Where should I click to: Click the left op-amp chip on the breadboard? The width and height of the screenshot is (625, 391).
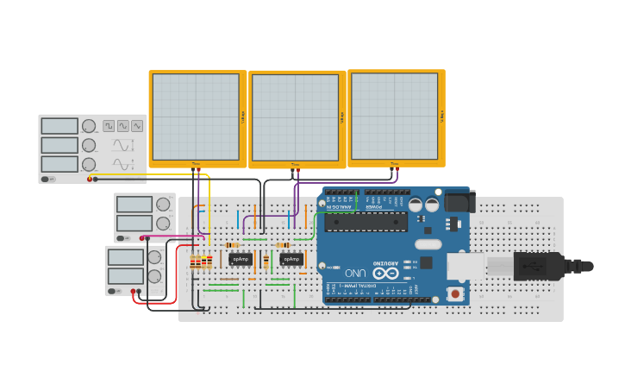(x=241, y=259)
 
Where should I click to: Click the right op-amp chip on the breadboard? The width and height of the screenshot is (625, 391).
(x=291, y=259)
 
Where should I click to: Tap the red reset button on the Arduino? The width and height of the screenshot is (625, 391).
(x=454, y=294)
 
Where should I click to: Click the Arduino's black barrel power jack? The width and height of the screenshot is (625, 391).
(x=459, y=202)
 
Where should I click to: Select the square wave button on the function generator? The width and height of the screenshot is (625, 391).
(x=109, y=126)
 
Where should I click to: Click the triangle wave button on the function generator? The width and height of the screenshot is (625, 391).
(x=123, y=126)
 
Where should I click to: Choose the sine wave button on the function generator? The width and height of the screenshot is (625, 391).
(x=137, y=126)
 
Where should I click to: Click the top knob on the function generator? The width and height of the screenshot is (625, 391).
(x=88, y=126)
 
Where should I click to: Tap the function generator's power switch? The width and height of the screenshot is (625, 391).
(x=47, y=180)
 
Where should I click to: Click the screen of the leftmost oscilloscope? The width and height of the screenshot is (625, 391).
(x=196, y=117)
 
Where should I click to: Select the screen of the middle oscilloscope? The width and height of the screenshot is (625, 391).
(x=296, y=117)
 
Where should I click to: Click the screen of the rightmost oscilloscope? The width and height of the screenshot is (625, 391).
(x=395, y=116)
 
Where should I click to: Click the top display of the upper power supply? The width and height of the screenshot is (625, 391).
(x=134, y=205)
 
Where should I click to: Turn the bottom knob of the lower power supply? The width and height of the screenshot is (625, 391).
(x=154, y=276)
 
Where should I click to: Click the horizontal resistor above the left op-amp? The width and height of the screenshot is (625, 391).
(x=232, y=245)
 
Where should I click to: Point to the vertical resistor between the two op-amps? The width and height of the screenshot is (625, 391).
(x=266, y=260)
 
